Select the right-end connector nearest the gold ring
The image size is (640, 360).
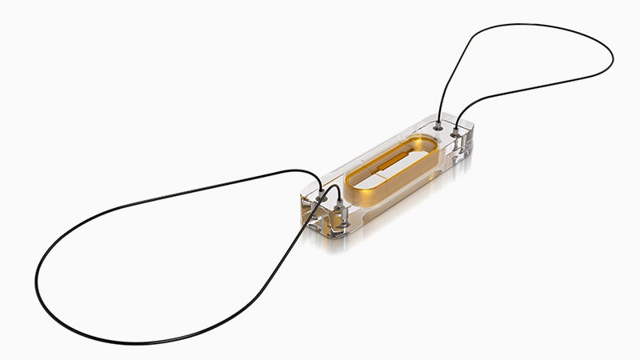pyautogui.click(x=438, y=126)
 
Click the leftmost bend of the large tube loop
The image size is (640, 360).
pyautogui.click(x=36, y=276)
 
